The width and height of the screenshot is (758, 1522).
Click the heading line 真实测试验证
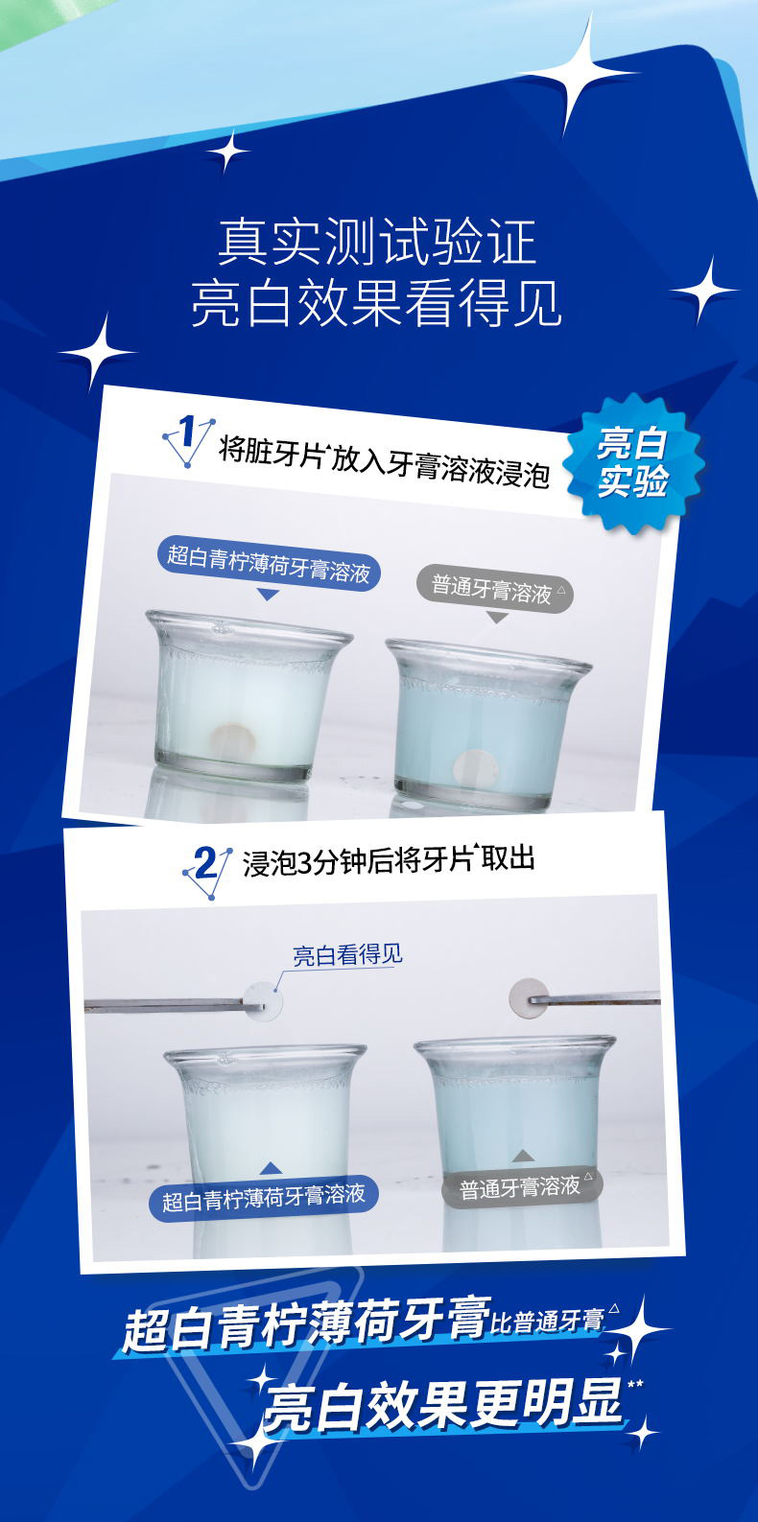tap(377, 242)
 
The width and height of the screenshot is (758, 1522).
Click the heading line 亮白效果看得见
tap(377, 304)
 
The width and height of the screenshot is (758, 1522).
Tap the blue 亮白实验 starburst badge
tap(632, 462)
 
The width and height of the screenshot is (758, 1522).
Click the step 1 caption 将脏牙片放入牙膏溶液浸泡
tap(384, 462)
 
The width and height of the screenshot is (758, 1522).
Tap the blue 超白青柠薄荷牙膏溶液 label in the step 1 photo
tap(270, 563)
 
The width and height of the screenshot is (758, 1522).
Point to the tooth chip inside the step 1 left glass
tap(232, 738)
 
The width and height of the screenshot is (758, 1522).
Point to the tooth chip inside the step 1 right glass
tap(476, 768)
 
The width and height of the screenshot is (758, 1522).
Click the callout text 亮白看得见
tap(347, 955)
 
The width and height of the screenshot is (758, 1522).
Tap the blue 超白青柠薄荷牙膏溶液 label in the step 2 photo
tap(263, 1197)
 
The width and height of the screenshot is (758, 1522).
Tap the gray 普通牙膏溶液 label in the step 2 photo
tap(521, 1187)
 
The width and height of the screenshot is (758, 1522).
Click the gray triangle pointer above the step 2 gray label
tap(521, 1156)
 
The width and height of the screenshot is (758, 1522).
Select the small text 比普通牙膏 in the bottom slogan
tap(548, 1322)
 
